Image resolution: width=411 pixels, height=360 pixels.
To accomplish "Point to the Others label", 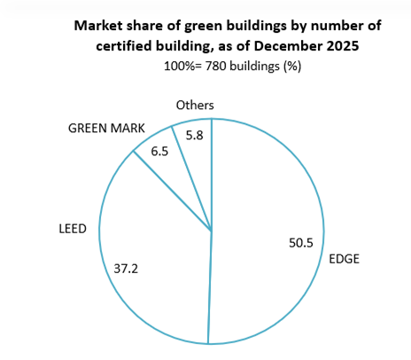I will pyautogui.click(x=195, y=106).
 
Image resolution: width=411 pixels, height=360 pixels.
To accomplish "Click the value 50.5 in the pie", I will pyautogui.click(x=303, y=241).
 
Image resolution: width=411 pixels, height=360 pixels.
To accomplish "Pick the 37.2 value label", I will pyautogui.click(x=128, y=266).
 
